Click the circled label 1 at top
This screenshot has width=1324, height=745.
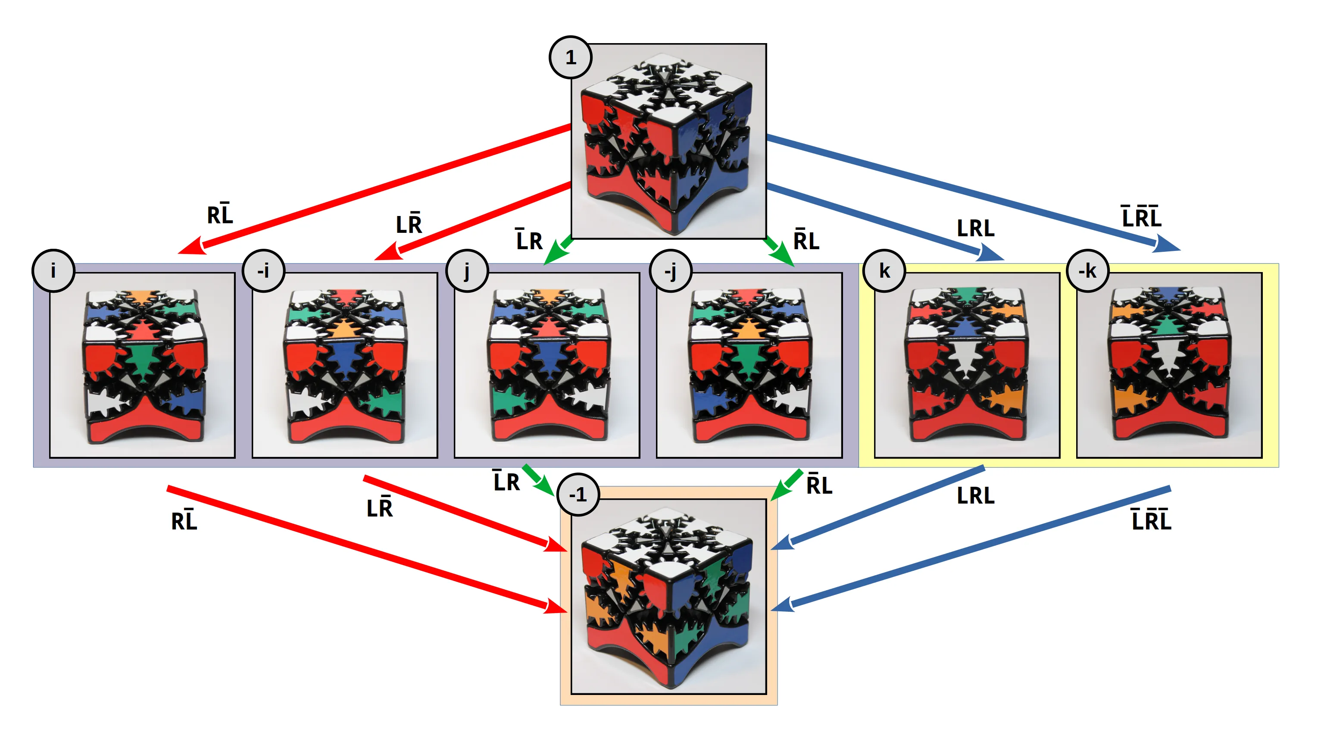tap(570, 58)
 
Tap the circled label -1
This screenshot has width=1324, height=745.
tap(578, 495)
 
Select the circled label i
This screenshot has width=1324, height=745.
tap(53, 271)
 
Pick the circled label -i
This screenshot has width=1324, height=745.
tap(263, 271)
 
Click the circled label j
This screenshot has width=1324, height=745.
tap(467, 271)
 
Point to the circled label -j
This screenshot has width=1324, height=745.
tap(670, 271)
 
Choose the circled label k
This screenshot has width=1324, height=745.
tap(884, 271)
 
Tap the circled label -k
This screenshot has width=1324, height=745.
tap(1087, 271)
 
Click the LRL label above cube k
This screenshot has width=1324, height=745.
tap(975, 228)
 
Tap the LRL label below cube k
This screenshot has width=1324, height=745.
tap(975, 496)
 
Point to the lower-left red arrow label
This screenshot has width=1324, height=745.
tap(184, 520)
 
